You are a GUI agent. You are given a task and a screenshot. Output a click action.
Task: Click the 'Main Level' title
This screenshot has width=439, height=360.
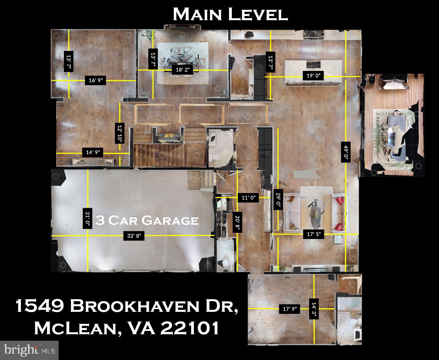click(x=230, y=14)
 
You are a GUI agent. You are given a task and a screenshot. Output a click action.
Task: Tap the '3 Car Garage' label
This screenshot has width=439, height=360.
click(x=147, y=220)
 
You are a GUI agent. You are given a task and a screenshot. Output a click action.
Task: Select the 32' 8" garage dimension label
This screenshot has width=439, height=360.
click(x=134, y=236)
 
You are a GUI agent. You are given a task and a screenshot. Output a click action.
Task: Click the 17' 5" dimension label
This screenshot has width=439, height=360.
click(x=314, y=234)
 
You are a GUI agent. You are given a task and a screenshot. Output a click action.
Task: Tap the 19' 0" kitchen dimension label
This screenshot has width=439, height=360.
click(x=313, y=76)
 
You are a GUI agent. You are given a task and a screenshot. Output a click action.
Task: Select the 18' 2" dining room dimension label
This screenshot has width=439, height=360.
click(x=182, y=70)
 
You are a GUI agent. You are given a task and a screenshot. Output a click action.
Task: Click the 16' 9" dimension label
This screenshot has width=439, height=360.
click(x=96, y=81)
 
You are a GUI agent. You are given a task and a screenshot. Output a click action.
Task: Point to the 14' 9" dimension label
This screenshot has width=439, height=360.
click(x=93, y=152)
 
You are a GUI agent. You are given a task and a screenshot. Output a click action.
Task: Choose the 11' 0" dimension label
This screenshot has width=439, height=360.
click(x=249, y=198)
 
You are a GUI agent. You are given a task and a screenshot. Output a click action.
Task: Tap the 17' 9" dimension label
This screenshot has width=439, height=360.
click(x=290, y=309)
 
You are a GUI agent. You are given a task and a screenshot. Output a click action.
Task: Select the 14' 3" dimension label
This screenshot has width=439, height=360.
click(x=314, y=309)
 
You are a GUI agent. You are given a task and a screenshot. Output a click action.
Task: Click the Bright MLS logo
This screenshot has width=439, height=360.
click(x=29, y=350)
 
